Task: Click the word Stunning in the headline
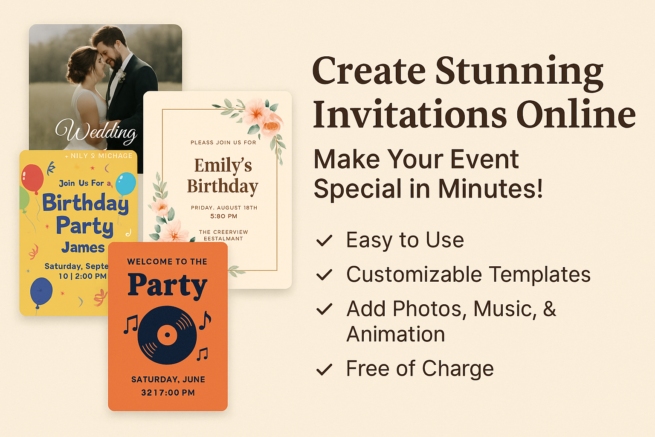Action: (x=519, y=72)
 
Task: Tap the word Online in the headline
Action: (x=576, y=114)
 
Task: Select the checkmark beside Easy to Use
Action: (x=324, y=241)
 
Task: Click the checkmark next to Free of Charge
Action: (x=324, y=369)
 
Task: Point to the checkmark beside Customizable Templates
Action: (x=324, y=275)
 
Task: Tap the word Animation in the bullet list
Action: (x=396, y=334)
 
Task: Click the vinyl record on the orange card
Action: (x=167, y=335)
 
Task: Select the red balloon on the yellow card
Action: (x=32, y=178)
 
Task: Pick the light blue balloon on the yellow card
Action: (x=126, y=184)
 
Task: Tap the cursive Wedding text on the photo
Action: (x=96, y=131)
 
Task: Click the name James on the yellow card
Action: (x=83, y=248)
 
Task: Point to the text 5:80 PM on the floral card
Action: (x=223, y=216)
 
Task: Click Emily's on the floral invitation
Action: (x=223, y=166)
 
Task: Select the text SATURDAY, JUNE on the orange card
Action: (x=168, y=379)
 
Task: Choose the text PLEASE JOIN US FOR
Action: (x=223, y=143)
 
